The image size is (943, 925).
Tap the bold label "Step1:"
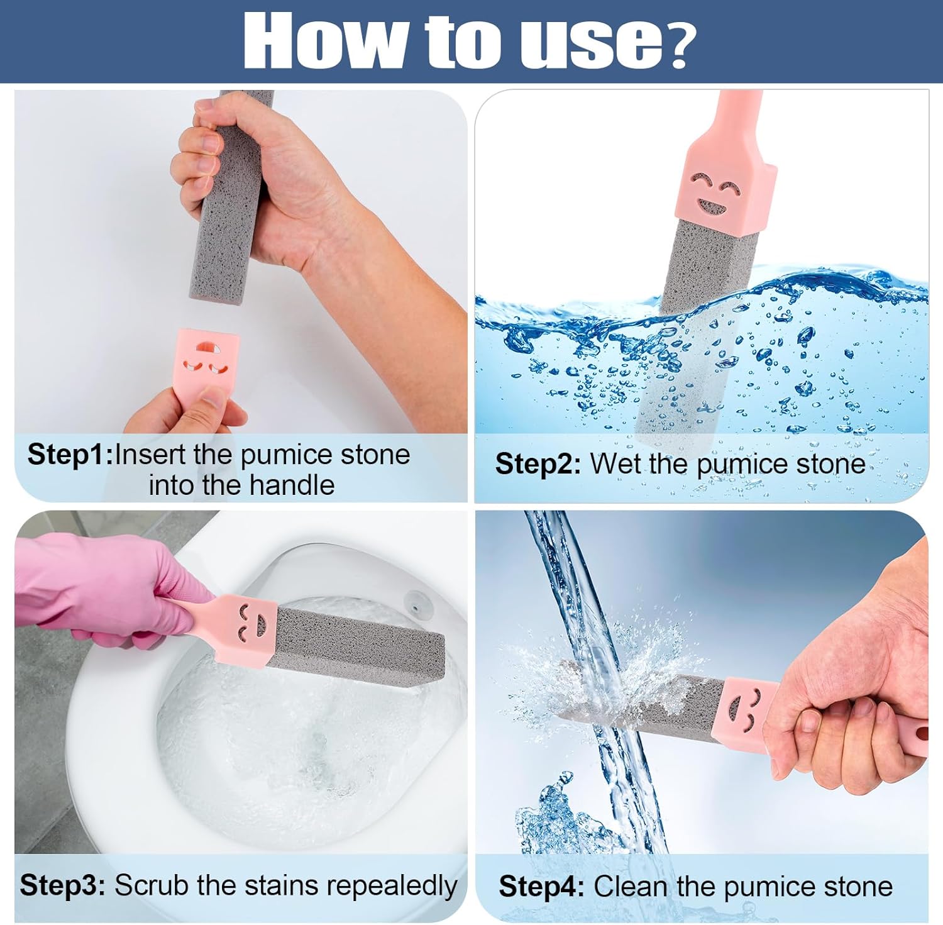tap(70, 454)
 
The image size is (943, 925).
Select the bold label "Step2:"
tap(538, 464)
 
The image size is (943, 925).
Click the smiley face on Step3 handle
tap(251, 620)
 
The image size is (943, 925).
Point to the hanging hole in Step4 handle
tap(922, 733)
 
